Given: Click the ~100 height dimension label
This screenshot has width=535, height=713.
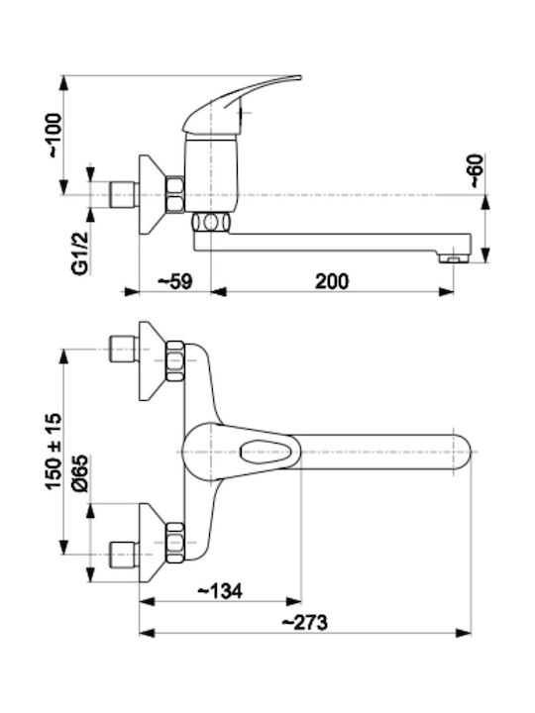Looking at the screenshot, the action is click(x=54, y=136).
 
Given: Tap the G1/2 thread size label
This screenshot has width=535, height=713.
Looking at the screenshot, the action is click(x=80, y=253).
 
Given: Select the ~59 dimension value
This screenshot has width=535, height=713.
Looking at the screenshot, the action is click(x=175, y=281).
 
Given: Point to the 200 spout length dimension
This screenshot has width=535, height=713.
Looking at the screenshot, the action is click(x=332, y=281).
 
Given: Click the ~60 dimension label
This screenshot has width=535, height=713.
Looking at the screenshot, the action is click(x=476, y=171).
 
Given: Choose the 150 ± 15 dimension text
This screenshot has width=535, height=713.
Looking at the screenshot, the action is click(x=53, y=452).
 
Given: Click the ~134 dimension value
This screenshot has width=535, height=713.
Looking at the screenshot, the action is click(x=220, y=591).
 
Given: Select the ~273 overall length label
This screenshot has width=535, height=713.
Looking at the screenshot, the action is click(x=305, y=622).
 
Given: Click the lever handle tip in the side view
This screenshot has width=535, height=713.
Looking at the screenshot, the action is click(x=298, y=78).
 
